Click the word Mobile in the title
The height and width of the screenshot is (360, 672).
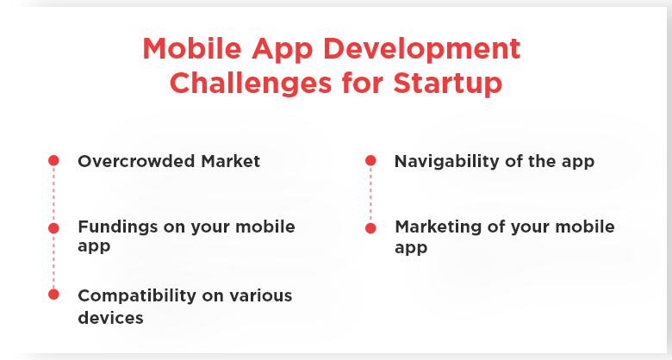(192, 48)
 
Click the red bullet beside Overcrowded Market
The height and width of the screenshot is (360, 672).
(53, 160)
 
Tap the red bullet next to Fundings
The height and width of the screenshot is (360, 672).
(53, 228)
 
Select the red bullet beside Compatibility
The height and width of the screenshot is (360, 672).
(53, 295)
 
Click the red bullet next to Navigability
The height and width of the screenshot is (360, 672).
(370, 160)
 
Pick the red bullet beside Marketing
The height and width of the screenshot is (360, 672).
(370, 228)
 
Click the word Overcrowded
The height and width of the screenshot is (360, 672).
(136, 161)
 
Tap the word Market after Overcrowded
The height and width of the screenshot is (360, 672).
(231, 161)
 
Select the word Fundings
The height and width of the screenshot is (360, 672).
(118, 227)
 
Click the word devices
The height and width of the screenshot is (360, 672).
(110, 318)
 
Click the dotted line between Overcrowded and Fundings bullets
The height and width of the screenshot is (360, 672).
(53, 194)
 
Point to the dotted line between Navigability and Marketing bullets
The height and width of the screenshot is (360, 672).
(370, 194)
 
